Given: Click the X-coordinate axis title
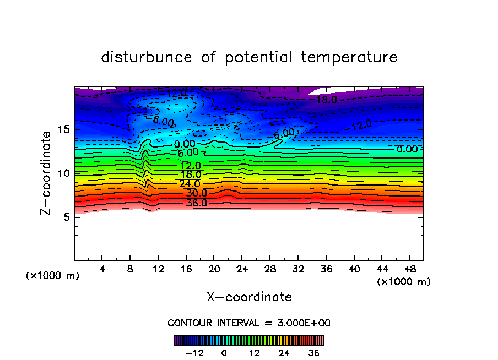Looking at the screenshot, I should click(x=249, y=297).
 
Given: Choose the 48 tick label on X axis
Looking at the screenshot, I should click(x=409, y=269).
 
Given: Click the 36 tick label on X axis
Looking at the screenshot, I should click(x=326, y=269).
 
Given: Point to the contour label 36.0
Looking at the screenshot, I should click(x=196, y=203).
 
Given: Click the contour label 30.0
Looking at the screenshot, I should click(x=196, y=193).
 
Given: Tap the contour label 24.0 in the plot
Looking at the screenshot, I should click(x=190, y=184).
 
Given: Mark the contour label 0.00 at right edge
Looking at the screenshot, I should click(x=408, y=149).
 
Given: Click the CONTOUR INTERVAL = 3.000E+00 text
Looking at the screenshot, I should click(x=249, y=323).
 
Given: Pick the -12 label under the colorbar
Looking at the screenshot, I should click(x=194, y=353).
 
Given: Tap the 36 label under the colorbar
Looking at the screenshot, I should click(x=314, y=353).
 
